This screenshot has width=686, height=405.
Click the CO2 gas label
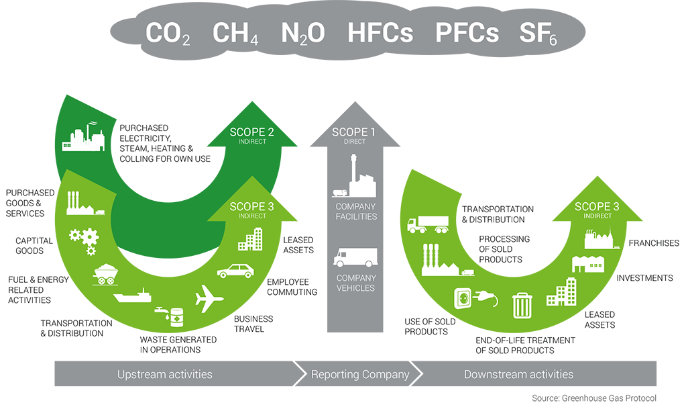coord(168,34)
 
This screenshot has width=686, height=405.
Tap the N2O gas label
coord(302,34)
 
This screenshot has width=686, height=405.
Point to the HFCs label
coord(380,34)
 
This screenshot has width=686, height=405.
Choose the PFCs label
coord(467,34)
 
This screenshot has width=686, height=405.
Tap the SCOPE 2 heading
coord(252,132)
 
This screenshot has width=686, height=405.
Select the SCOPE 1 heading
coord(353,132)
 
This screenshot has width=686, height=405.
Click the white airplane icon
coord(209,299)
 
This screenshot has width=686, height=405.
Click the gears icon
coord(84,239)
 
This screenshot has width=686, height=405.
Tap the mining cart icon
coord(106,273)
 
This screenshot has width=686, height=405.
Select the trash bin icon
coord(522,305)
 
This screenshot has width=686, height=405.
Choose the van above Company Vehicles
coord(355,259)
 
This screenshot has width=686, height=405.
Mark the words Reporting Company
coord(360,374)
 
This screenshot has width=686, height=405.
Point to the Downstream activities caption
coord(518,374)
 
